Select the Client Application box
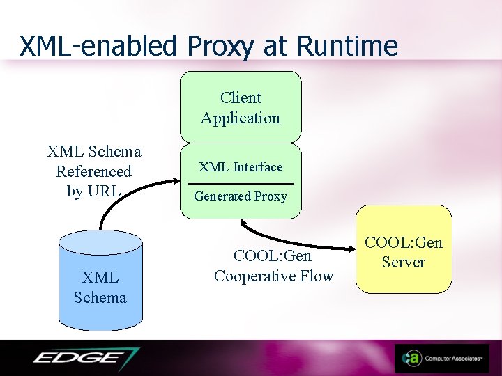[x=241, y=107]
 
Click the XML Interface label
[x=241, y=167]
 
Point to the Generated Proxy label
[x=241, y=196]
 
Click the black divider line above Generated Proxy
[x=241, y=182]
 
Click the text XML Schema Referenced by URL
[x=93, y=171]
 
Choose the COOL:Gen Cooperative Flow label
[x=273, y=266]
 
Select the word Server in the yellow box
[x=404, y=263]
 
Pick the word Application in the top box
[x=241, y=118]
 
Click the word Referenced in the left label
[x=93, y=171]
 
